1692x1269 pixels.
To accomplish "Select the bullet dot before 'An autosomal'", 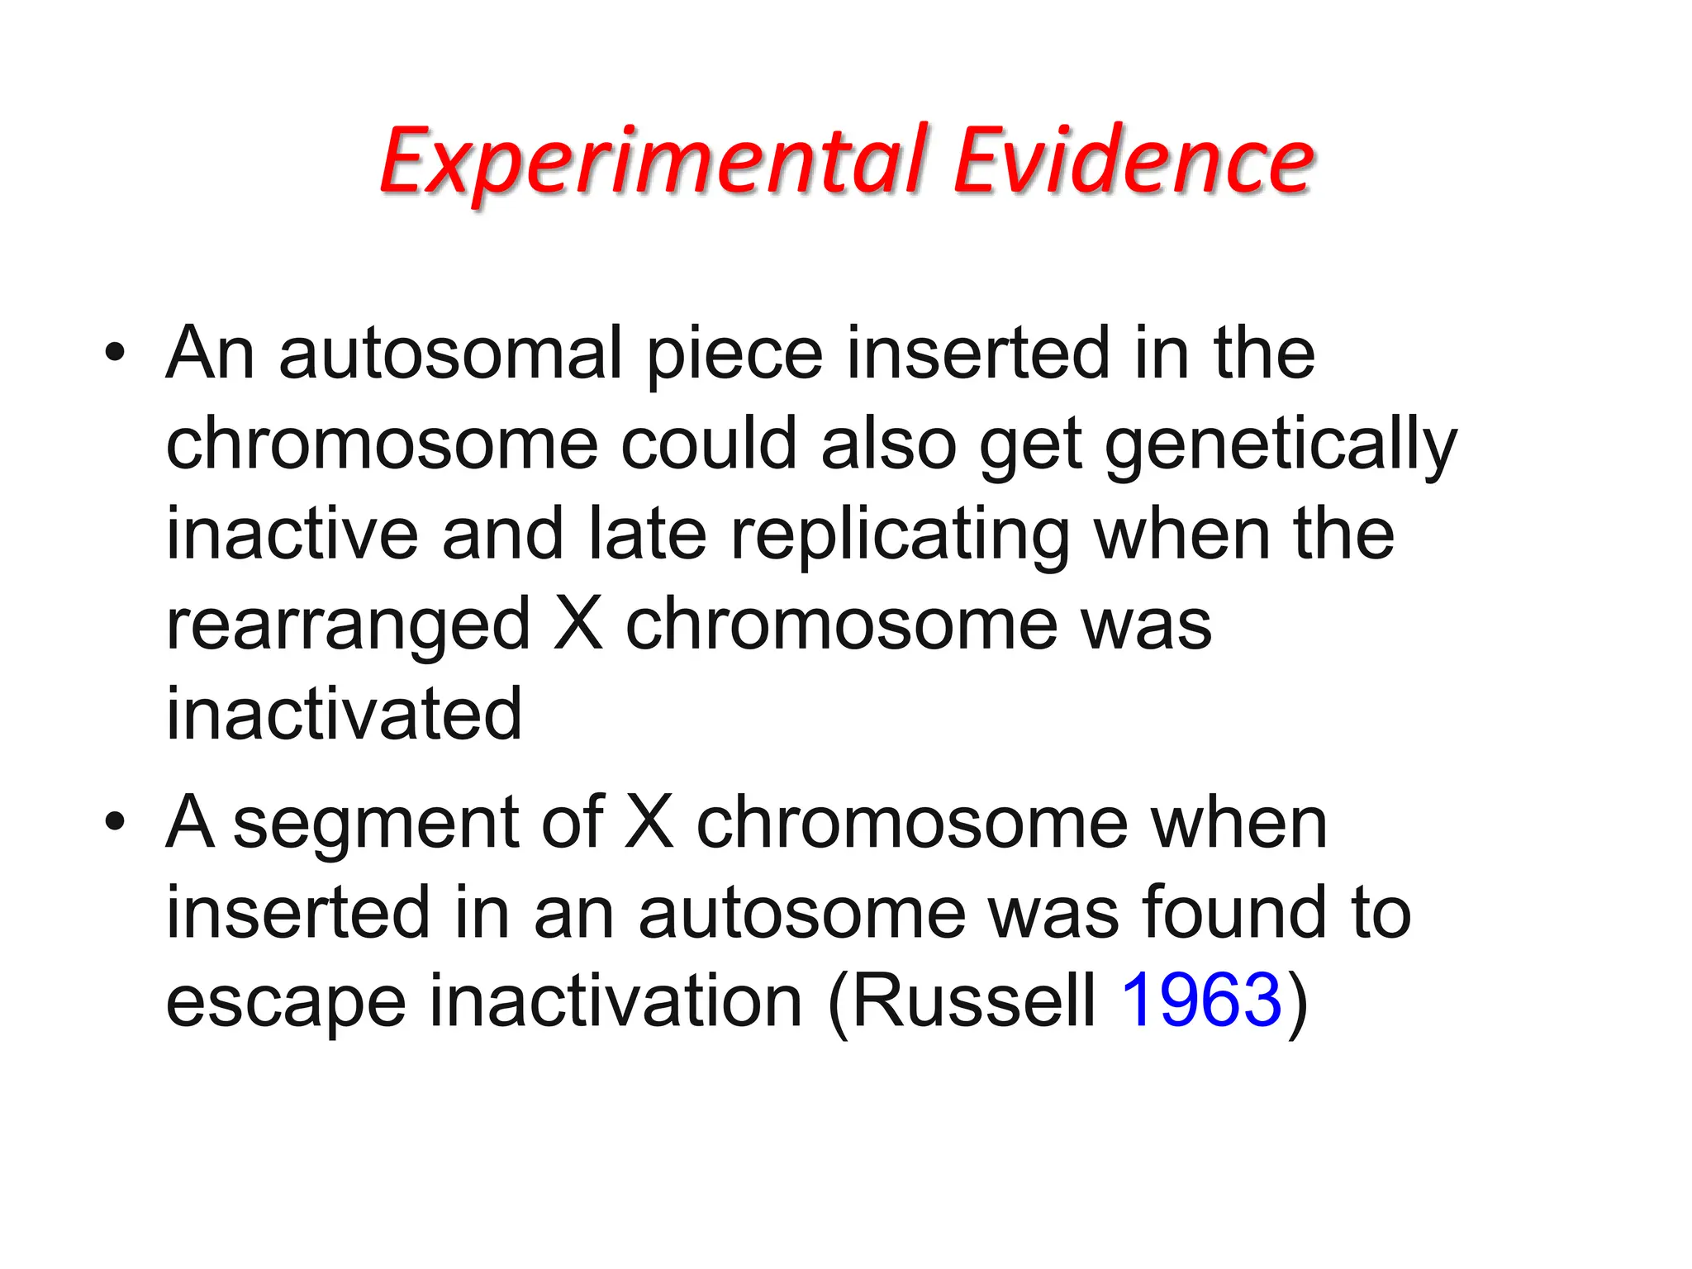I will (115, 354).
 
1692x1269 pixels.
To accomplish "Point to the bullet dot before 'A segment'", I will (115, 822).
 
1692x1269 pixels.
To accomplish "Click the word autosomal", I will (450, 354).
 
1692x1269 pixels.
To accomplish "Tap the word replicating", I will (900, 535).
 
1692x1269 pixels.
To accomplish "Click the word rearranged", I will (348, 625).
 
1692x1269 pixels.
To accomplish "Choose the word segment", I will (376, 824).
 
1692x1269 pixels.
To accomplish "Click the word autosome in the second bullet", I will (801, 913).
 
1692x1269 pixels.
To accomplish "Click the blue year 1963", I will (1200, 1000).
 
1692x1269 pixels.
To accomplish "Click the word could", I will (709, 444).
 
